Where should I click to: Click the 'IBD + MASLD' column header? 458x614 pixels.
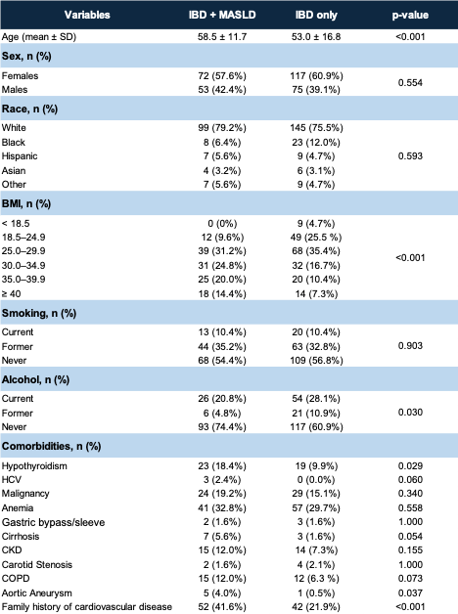tap(222, 15)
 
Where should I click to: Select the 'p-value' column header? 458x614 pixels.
tap(410, 16)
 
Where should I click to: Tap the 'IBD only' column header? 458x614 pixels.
tap(316, 15)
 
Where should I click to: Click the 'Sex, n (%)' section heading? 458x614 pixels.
tap(26, 56)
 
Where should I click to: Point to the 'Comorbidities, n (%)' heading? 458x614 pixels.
tap(51, 446)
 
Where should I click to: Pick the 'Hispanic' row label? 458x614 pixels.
tap(20, 156)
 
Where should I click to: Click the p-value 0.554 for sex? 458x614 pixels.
tap(410, 83)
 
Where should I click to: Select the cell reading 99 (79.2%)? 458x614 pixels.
tap(222, 128)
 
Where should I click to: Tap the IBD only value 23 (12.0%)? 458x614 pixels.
tap(316, 143)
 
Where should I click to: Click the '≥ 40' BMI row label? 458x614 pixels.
tap(12, 294)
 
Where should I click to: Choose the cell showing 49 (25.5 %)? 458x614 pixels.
tap(316, 238)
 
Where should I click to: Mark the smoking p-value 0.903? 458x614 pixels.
tap(410, 346)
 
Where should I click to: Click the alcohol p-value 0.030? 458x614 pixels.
tap(410, 413)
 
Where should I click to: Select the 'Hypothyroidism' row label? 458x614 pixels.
tap(34, 466)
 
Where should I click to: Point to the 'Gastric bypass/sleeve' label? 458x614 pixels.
tap(53, 522)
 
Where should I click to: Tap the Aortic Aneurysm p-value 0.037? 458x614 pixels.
tap(410, 593)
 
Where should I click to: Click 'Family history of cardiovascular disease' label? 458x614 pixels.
tap(87, 607)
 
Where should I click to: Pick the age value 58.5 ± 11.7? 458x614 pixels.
tap(222, 37)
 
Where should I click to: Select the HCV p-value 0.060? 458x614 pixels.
tap(410, 480)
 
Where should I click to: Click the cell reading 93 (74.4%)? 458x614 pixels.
tap(222, 427)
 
